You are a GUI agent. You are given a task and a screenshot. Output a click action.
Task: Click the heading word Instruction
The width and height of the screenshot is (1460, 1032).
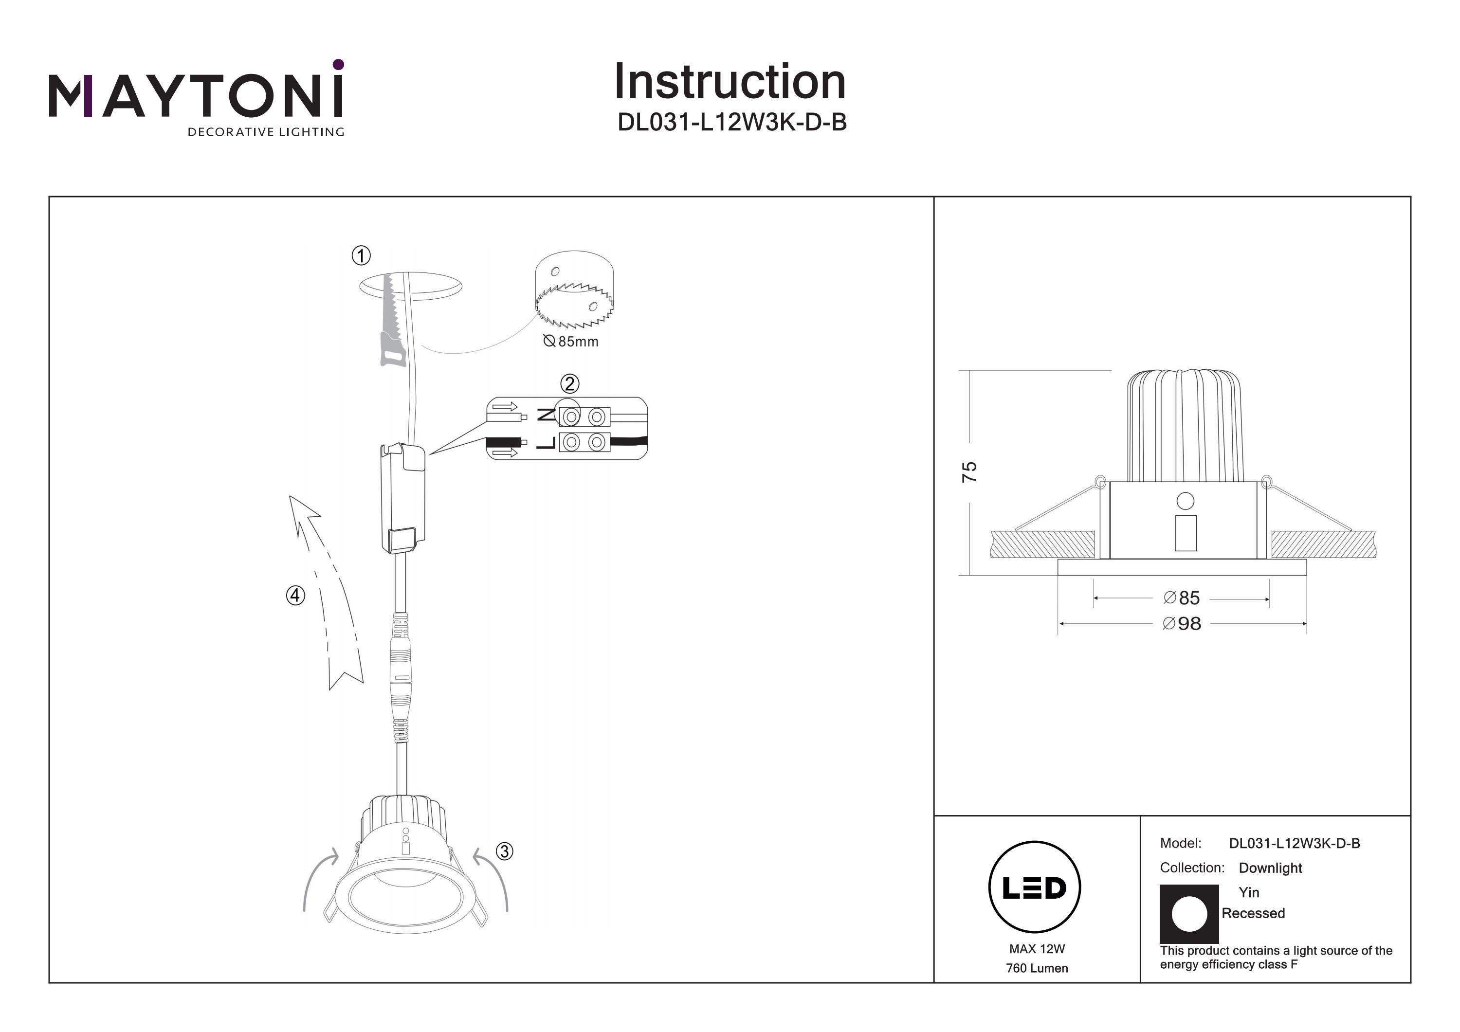730,82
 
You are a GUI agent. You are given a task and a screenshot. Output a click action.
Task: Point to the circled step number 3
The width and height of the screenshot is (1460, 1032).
504,851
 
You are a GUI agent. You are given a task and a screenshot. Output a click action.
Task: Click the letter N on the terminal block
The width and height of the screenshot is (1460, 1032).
546,415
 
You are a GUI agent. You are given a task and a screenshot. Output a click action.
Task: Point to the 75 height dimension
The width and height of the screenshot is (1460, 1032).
969,472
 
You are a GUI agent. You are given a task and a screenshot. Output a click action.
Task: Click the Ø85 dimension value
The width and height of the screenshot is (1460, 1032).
1182,597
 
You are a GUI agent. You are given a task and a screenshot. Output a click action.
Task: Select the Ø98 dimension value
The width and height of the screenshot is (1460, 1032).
1182,624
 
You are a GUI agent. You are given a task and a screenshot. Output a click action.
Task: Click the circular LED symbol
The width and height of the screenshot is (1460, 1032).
1035,887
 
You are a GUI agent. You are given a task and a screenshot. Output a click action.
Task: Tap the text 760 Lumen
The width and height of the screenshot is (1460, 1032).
1037,968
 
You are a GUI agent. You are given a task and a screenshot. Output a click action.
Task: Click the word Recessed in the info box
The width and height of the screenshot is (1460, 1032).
1253,913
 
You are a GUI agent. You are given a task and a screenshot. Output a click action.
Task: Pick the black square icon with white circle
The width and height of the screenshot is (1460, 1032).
1189,914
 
